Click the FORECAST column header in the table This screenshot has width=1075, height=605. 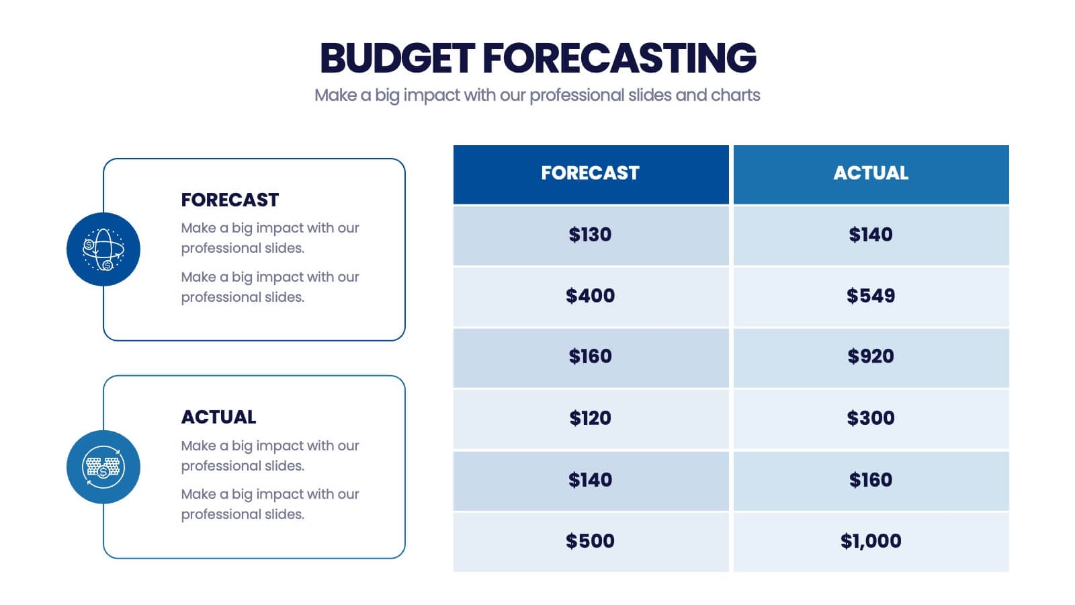pyautogui.click(x=590, y=173)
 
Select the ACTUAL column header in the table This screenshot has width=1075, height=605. pyautogui.click(x=871, y=173)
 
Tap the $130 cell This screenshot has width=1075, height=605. pyautogui.click(x=590, y=235)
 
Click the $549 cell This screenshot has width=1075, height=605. pyautogui.click(x=871, y=296)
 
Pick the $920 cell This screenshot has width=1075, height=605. pyautogui.click(x=871, y=356)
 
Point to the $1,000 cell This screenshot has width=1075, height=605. pyautogui.click(x=871, y=541)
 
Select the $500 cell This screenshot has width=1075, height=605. pyautogui.click(x=590, y=541)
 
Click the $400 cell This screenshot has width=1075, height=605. pyautogui.click(x=590, y=296)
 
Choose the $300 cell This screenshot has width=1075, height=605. pyautogui.click(x=871, y=418)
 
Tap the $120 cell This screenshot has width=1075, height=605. pyautogui.click(x=590, y=418)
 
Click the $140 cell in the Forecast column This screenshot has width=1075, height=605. pyautogui.click(x=590, y=480)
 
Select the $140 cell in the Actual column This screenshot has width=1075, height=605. pyautogui.click(x=871, y=235)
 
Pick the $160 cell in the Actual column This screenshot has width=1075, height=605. pyautogui.click(x=871, y=480)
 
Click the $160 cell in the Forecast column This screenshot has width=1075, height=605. pyautogui.click(x=590, y=356)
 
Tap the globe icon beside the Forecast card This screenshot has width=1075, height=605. pyautogui.click(x=103, y=249)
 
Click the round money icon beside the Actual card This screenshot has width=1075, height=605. pyautogui.click(x=103, y=467)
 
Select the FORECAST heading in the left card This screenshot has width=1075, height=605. pyautogui.click(x=230, y=200)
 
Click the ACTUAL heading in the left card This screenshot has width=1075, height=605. pyautogui.click(x=218, y=417)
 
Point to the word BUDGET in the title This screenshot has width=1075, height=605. pyautogui.click(x=397, y=58)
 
